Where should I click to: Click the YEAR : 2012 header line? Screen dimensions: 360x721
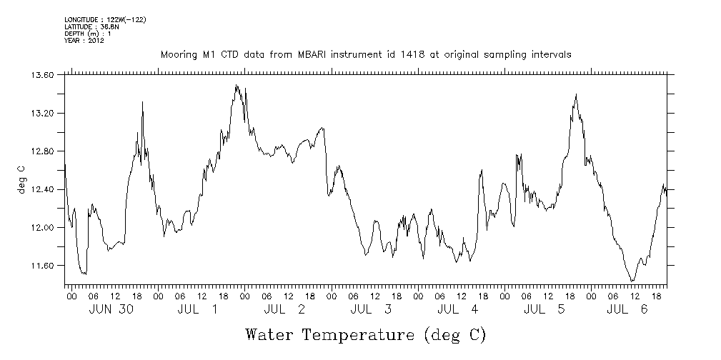[x=84, y=41]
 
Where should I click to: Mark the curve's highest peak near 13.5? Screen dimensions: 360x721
[x=237, y=85]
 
